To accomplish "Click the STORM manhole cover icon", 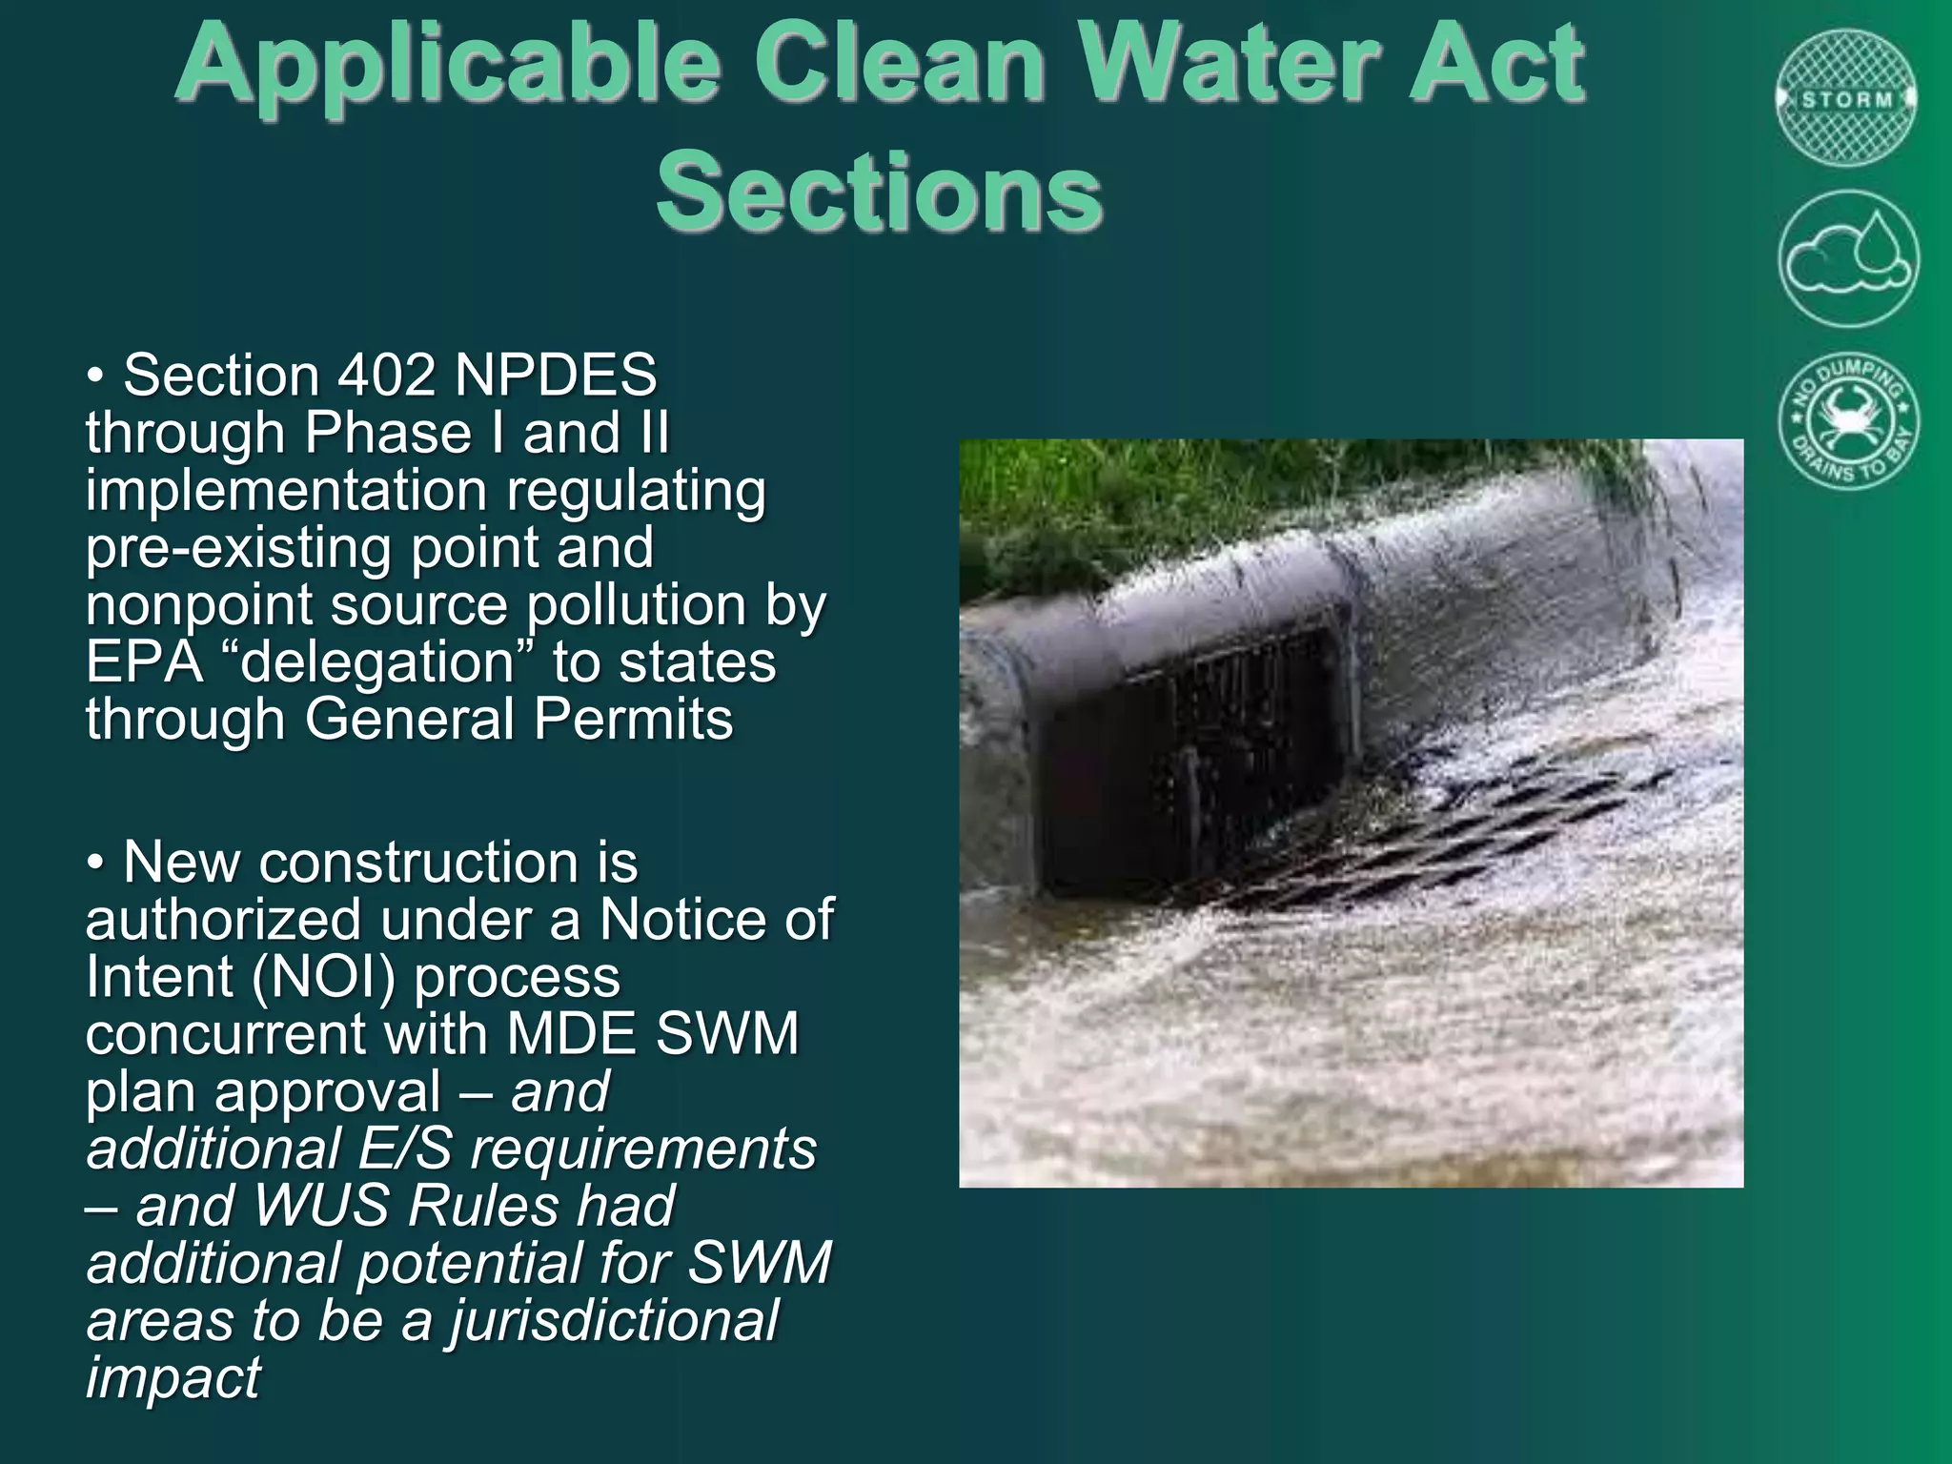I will (x=1847, y=98).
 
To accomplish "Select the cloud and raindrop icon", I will (x=1847, y=258).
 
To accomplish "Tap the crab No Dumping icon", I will (x=1847, y=421).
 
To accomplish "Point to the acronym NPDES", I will (x=556, y=375).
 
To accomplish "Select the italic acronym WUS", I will (x=321, y=1206).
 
